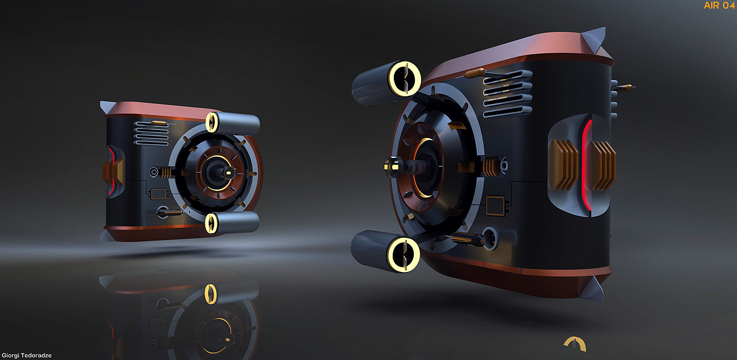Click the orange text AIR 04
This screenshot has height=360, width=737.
coord(719,5)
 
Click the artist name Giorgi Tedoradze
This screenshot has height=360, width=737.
coord(27,355)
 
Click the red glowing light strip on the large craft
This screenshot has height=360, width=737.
coord(585,165)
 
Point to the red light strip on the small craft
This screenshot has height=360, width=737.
coord(112,171)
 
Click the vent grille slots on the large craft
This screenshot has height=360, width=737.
coord(507,94)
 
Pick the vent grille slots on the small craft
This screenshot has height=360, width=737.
coord(152,133)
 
